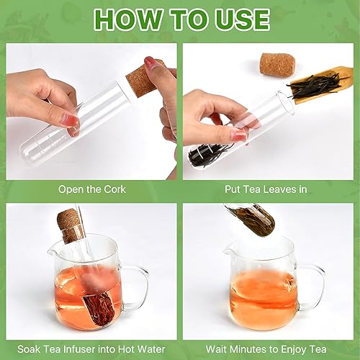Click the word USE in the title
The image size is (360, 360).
point(238,19)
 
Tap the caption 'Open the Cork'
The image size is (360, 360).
point(92,189)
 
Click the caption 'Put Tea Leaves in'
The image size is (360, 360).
point(269,189)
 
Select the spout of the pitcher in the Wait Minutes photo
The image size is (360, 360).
point(229,249)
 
